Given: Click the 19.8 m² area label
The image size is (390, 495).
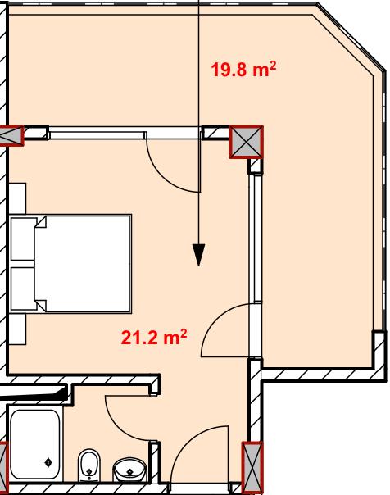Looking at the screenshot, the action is (x=243, y=69).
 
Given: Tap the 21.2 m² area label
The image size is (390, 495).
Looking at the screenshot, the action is (x=154, y=337).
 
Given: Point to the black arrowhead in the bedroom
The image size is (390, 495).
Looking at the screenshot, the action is (x=198, y=255).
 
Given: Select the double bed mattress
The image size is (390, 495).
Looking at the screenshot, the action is (x=83, y=264).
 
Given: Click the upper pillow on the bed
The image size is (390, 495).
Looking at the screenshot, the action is (x=24, y=239).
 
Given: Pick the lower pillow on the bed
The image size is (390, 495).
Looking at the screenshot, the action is (x=24, y=288).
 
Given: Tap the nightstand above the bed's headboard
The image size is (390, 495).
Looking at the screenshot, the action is (x=17, y=198).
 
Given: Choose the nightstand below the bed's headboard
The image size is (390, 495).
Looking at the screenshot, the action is (x=17, y=329).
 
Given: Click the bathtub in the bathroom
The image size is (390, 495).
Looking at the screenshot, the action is (x=34, y=444).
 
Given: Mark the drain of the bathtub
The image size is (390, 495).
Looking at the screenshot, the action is (x=48, y=462).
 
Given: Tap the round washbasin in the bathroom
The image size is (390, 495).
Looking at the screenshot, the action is (x=129, y=470).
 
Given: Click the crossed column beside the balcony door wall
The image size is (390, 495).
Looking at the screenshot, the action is (x=246, y=142).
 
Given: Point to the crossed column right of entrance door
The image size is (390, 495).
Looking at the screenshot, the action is (x=252, y=467).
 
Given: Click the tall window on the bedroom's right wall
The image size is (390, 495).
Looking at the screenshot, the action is (x=256, y=238).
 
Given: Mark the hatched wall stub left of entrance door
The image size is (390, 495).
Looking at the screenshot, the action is (x=154, y=462).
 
